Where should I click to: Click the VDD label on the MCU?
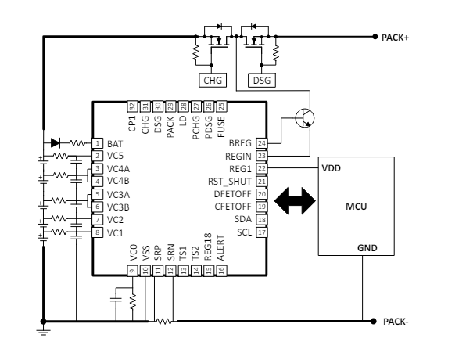tap(331, 168)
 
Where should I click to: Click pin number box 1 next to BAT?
tap(97, 143)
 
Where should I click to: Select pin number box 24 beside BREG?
tap(262, 143)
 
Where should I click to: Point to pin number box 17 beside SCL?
tap(262, 232)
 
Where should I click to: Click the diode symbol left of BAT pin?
tap(55, 143)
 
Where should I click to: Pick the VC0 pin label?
tap(132, 251)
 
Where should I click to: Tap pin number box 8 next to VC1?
tap(97, 232)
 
